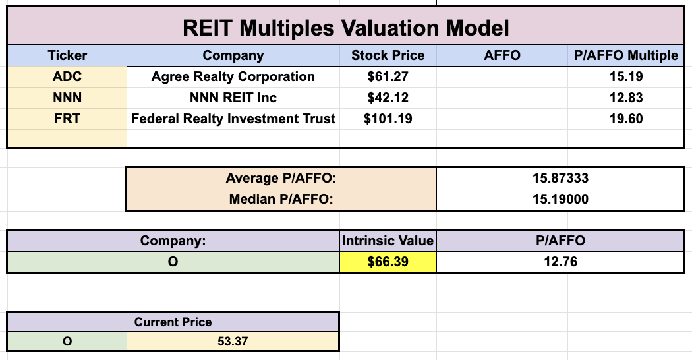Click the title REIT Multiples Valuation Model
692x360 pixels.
345,28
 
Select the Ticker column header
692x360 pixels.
67,55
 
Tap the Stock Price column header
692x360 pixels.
388,55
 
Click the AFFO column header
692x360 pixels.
502,55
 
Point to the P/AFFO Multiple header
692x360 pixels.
625,55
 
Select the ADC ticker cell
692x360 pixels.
67,76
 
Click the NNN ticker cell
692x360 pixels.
67,98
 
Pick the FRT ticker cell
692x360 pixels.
67,119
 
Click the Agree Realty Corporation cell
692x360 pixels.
233,76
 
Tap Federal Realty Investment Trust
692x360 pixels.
233,119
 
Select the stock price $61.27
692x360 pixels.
388,76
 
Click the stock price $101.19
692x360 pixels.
388,119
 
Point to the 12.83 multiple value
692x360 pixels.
625,98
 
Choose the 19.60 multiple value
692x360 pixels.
625,119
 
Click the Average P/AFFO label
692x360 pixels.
281,178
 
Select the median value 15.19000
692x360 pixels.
560,199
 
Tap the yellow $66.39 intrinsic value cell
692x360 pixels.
388,262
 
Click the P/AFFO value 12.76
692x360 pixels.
560,262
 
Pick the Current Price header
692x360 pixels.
173,322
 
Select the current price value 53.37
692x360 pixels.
233,341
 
